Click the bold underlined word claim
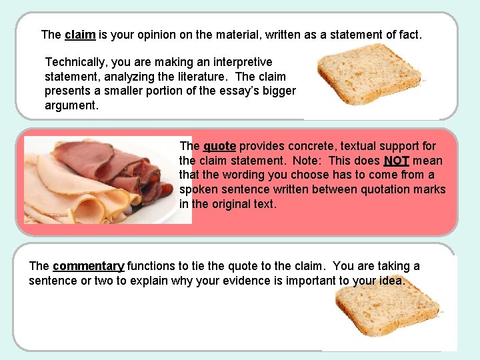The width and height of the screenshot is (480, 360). click(x=81, y=34)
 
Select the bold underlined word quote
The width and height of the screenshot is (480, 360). click(x=219, y=146)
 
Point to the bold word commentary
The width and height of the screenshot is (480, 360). click(x=88, y=266)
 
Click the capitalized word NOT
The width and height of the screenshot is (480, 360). click(x=396, y=161)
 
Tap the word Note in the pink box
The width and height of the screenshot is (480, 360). click(x=303, y=161)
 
